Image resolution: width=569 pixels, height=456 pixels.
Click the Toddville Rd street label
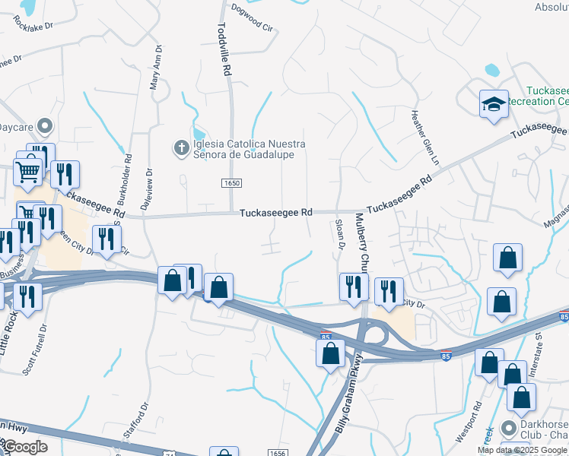[224, 49]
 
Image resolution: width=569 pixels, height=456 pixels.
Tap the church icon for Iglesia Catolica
[181, 147]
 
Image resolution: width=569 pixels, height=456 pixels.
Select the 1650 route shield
[232, 184]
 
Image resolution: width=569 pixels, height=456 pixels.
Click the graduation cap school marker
[493, 103]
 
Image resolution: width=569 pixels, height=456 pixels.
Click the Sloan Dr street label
[341, 236]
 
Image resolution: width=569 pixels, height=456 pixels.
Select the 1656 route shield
[277, 452]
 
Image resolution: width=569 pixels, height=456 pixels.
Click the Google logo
[26, 446]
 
